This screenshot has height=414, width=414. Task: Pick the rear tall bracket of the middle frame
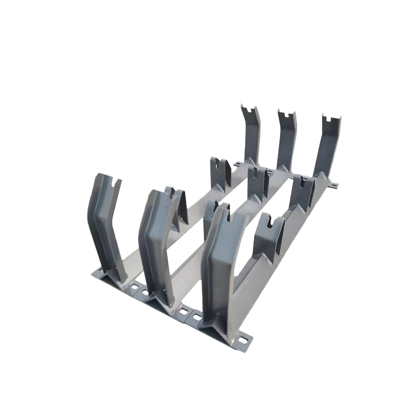tap(286, 140)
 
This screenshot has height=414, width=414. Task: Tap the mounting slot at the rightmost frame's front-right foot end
tap(244, 339)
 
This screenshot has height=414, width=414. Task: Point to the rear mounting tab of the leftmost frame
tap(237, 164)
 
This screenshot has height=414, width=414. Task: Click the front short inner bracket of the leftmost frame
tap(176, 204)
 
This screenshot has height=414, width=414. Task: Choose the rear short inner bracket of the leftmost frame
tap(220, 173)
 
